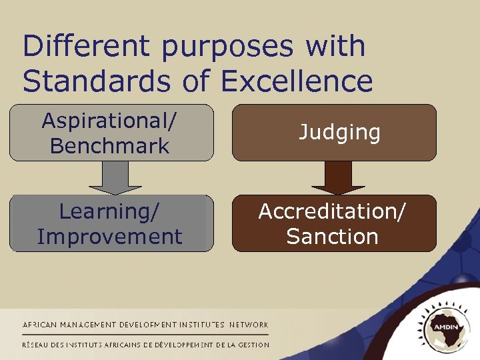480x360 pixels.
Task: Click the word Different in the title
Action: [86, 47]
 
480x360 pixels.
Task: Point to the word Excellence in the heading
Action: [297, 81]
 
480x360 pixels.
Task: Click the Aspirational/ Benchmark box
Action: [110, 133]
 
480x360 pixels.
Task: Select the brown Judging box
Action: [334, 133]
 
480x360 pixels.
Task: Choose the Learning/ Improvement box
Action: [110, 223]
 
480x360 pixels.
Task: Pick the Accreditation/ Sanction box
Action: [334, 223]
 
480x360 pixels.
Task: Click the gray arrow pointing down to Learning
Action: [115, 177]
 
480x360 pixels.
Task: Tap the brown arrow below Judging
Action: [339, 177]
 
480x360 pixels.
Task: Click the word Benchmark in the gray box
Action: [110, 145]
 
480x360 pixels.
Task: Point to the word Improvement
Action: [110, 237]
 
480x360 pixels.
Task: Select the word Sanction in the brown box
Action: [333, 237]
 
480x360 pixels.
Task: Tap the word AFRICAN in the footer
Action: [40, 325]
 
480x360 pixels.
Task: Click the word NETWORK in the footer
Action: [249, 325]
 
